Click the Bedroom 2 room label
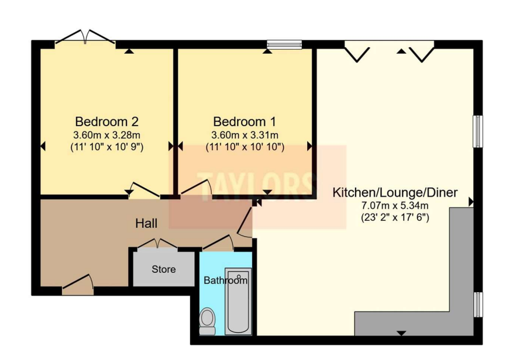tap(107, 122)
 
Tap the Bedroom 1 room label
tap(245, 122)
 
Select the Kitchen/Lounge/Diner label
tap(395, 193)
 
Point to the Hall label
tap(146, 223)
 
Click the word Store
tap(164, 269)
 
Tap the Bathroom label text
tap(226, 281)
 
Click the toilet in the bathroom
tap(207, 321)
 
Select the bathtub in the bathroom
tap(238, 301)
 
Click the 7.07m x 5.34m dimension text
tap(395, 205)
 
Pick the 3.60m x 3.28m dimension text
tap(107, 135)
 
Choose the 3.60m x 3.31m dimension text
tap(245, 135)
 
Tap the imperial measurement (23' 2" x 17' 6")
tap(395, 217)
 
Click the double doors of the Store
tap(157, 244)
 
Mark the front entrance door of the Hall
tap(78, 282)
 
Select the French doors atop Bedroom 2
tap(85, 37)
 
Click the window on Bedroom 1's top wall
tap(284, 44)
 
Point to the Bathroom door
tap(218, 243)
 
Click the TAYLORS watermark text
tap(257, 187)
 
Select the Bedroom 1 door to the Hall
tap(196, 187)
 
